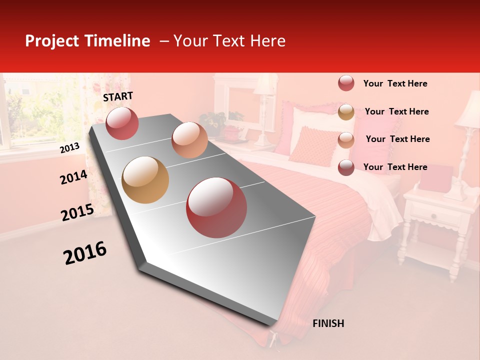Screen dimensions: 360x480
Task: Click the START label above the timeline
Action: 118,96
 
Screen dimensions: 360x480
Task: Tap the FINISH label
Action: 328,323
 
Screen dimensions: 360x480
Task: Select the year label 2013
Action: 69,148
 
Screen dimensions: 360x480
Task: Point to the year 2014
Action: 73,177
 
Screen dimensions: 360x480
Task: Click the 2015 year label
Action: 77,212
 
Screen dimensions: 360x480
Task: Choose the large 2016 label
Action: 85,252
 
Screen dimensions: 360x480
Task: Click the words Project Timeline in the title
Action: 87,41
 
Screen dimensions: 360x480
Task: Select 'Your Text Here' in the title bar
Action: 229,41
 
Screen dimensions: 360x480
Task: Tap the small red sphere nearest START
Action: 122,123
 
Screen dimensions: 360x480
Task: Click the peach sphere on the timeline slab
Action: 189,140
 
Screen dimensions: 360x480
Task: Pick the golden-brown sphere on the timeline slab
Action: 145,180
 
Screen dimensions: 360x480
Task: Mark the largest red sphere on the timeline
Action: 216,207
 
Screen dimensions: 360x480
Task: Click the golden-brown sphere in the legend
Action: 346,112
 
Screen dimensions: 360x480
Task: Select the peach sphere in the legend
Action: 346,139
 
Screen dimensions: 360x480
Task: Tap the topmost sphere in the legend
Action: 346,83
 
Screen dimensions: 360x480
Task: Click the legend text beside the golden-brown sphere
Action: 396,111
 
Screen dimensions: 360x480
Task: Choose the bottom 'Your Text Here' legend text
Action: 395,167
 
